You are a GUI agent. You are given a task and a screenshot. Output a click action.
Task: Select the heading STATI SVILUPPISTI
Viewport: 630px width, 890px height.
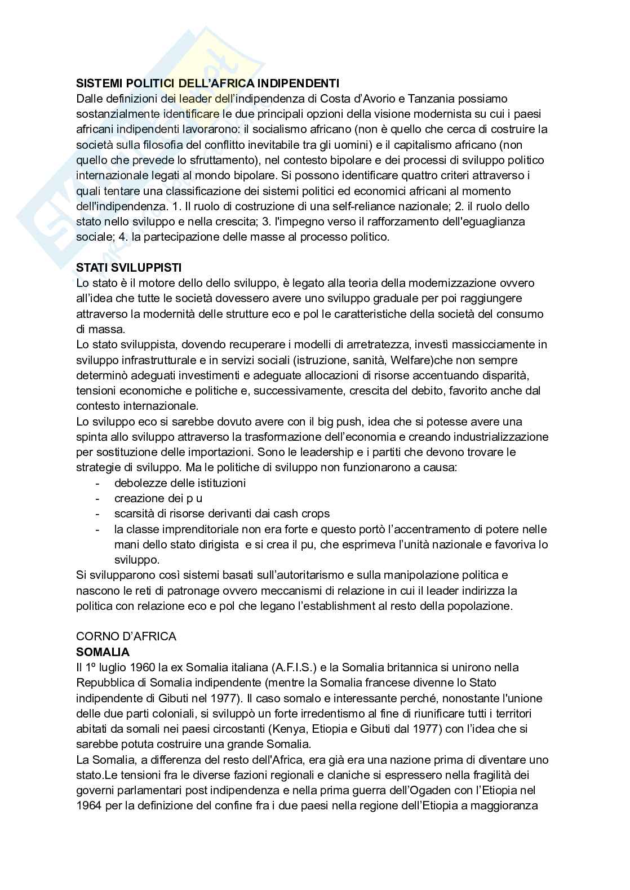[129, 267]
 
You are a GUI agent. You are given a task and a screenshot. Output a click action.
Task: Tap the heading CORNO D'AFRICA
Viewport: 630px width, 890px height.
[126, 636]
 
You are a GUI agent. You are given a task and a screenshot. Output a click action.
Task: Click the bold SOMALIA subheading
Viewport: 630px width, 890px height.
[103, 652]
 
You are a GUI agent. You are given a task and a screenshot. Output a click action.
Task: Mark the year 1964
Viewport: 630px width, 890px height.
[88, 805]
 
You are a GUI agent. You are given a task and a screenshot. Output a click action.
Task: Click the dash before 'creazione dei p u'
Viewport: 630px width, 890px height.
[98, 498]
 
